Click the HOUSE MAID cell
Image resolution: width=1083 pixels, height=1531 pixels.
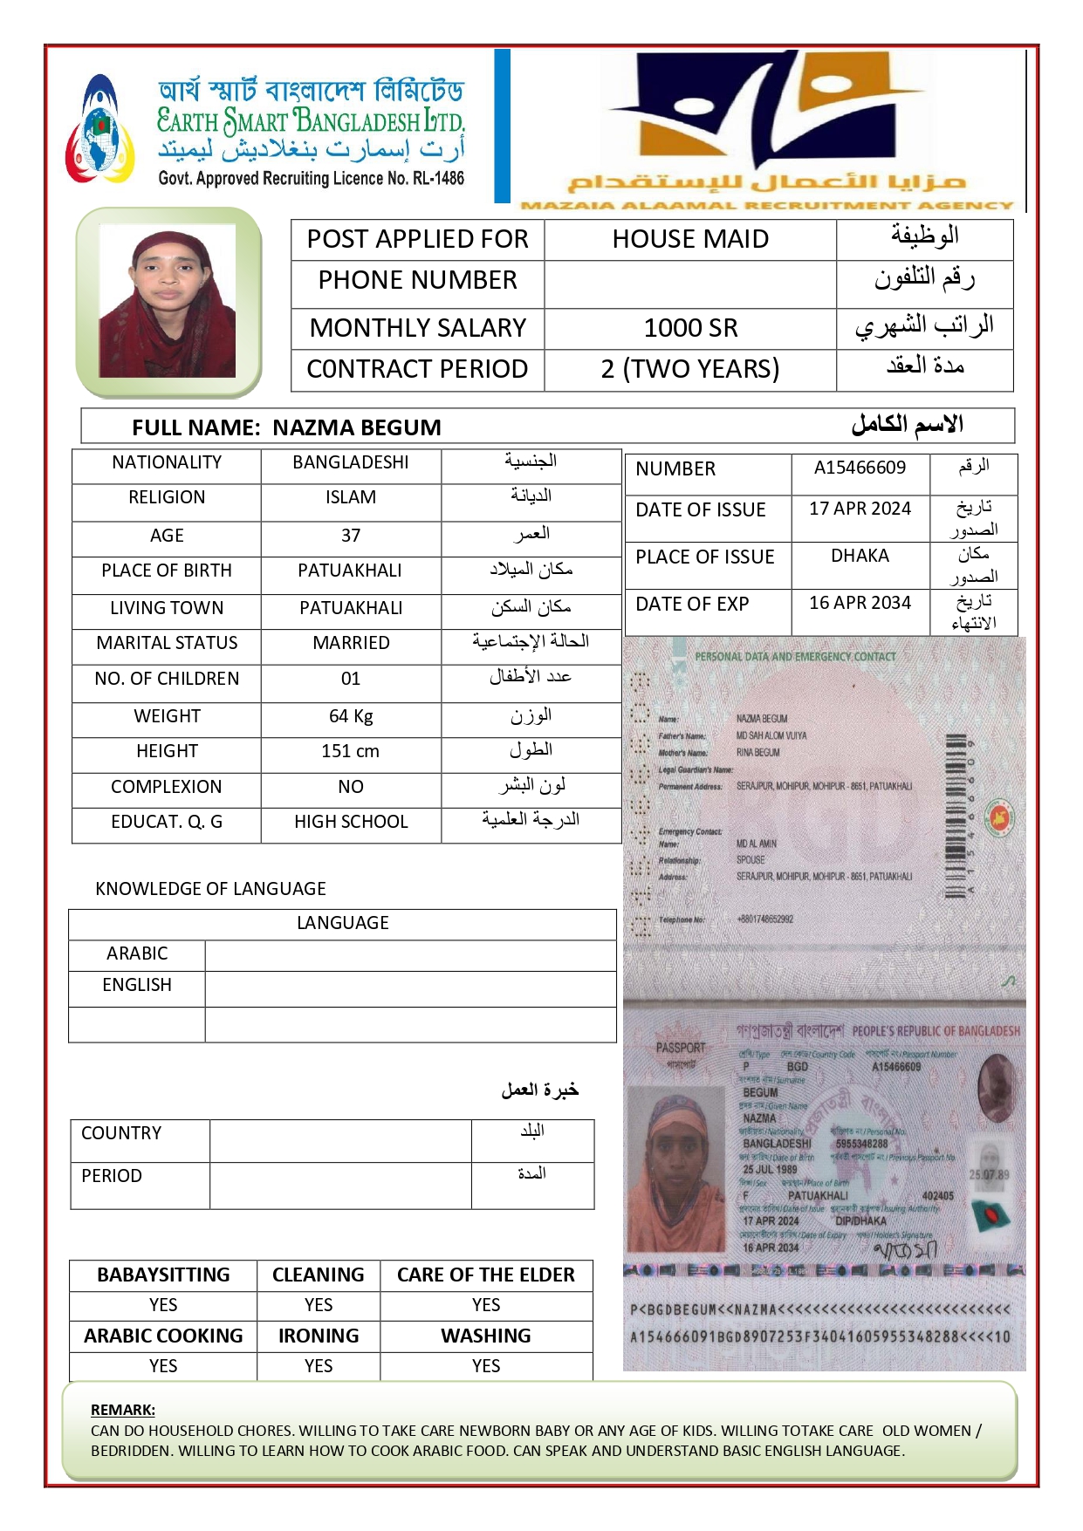689,239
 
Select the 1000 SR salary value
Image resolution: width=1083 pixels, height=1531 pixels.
689,328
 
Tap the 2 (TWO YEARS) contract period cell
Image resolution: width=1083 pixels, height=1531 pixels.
689,369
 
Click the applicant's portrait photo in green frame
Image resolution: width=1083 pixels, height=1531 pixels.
168,301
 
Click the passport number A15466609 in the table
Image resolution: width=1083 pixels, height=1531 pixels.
860,468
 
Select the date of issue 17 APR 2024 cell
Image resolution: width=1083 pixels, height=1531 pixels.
860,509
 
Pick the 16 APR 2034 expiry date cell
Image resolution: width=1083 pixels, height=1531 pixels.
860,603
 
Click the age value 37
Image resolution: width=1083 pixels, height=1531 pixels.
351,536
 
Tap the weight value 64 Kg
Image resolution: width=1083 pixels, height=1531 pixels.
351,716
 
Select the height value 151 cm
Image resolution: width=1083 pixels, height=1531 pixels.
351,751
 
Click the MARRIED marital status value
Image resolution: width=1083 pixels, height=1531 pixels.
351,643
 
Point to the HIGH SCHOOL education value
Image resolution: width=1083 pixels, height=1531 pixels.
351,822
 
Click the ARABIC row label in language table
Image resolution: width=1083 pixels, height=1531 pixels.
137,953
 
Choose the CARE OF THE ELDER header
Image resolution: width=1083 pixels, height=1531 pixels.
486,1275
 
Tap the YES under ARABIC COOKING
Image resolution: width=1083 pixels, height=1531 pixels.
163,1365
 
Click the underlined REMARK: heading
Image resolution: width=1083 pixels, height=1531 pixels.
123,1410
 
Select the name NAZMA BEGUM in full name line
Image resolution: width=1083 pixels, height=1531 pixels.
356,427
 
